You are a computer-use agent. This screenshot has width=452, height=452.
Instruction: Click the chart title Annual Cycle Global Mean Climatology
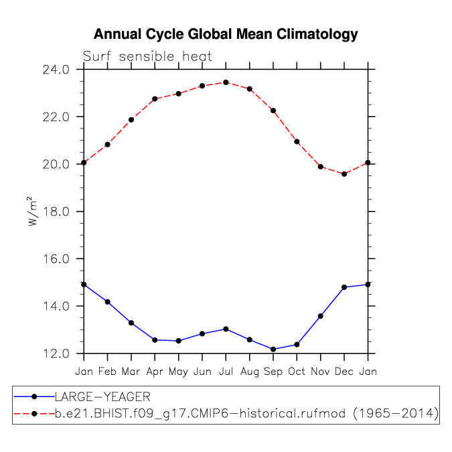coord(226,34)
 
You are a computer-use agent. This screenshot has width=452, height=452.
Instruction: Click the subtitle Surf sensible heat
coord(147,57)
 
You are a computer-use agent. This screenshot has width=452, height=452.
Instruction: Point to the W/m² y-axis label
coord(31,211)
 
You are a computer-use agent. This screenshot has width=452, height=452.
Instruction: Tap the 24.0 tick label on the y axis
coord(56,70)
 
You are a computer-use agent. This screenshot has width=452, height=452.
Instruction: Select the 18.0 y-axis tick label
coord(56,212)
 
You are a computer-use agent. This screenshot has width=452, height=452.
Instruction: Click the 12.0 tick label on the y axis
coord(56,354)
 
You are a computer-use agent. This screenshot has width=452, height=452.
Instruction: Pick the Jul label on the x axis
coord(226,371)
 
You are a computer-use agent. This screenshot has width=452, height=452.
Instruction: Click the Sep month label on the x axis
coord(273,371)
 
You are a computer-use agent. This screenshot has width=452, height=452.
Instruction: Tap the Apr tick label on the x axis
coord(155,371)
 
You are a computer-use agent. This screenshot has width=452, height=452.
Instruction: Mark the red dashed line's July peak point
coord(226,82)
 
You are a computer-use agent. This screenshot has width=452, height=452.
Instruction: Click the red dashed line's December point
coord(344,174)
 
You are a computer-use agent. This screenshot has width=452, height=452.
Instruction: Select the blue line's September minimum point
coord(273,349)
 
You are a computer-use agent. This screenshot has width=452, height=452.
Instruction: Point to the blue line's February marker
coord(107,301)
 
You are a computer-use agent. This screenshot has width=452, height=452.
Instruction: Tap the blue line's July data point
coord(226,329)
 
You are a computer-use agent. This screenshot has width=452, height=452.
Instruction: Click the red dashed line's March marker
coord(131,120)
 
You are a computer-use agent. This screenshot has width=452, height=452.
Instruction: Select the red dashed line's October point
coord(297,141)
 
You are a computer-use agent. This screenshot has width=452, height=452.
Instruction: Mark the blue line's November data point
coord(321,316)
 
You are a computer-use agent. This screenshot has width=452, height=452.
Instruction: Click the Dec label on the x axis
coord(344,371)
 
